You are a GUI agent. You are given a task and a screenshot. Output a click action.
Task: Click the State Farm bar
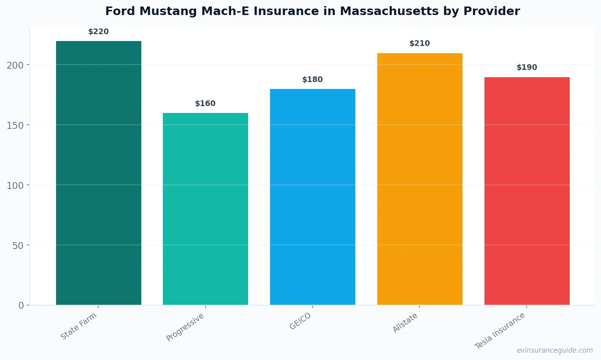(x=99, y=173)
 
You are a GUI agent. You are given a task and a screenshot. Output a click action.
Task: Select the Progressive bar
(x=205, y=209)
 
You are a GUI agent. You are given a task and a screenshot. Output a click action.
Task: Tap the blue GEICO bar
(x=313, y=197)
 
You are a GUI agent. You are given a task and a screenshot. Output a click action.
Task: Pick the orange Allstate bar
(x=419, y=179)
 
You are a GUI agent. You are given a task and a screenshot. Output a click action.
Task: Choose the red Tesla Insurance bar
(x=527, y=191)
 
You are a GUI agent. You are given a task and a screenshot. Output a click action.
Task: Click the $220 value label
(x=99, y=32)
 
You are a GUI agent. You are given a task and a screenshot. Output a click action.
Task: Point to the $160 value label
(x=205, y=104)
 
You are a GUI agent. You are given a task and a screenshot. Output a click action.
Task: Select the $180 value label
(x=313, y=80)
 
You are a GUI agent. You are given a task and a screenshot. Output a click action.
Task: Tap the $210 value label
(x=419, y=43)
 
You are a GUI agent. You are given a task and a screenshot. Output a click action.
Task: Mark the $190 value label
(x=527, y=67)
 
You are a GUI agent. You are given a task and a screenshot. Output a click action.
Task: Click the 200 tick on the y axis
(x=15, y=65)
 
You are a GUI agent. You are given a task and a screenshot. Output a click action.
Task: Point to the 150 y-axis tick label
(x=15, y=125)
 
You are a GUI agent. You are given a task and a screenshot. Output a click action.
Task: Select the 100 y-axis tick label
(x=15, y=185)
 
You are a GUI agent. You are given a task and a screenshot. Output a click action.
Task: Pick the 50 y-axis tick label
(x=18, y=245)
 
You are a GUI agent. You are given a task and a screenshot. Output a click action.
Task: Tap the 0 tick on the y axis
(x=21, y=306)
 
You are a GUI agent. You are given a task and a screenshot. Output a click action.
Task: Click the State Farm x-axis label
(x=79, y=326)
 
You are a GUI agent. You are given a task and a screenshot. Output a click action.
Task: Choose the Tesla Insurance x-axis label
(x=500, y=331)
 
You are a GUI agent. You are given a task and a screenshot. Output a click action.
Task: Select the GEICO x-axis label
(x=300, y=321)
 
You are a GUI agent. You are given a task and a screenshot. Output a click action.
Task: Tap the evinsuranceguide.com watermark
(x=555, y=350)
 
